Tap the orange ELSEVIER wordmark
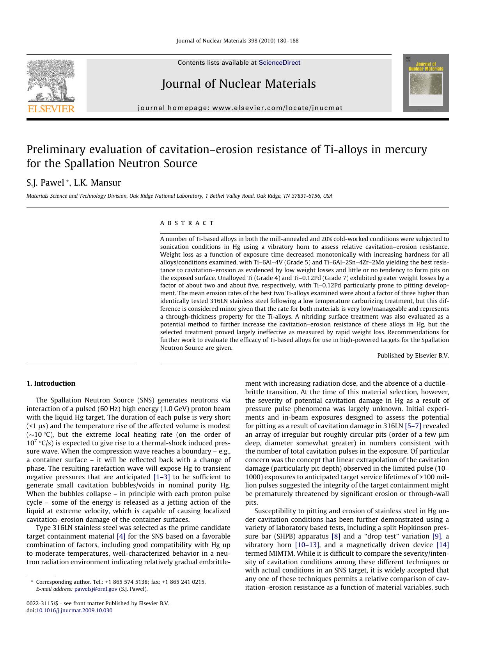coord(51,109)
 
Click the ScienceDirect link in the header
coord(279,62)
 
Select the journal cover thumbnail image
coord(425,83)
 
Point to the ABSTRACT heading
coord(187,223)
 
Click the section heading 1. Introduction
coord(51,383)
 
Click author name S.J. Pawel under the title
coord(45,183)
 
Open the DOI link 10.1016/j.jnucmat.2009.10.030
coord(74,610)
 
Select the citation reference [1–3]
coord(161,477)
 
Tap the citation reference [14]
coord(442,545)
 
